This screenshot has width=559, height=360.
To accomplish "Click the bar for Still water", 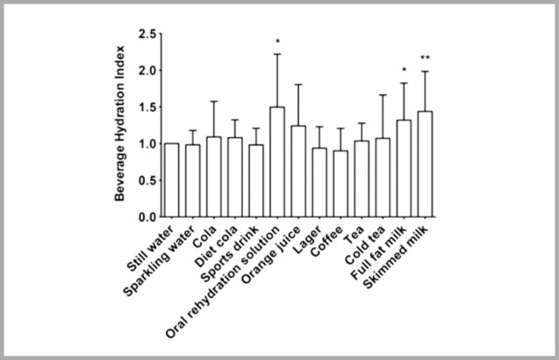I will [171, 180].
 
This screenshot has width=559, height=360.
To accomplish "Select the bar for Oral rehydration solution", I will [276, 163].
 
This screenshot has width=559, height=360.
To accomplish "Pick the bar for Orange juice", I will [298, 171].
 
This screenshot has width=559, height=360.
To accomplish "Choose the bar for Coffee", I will [340, 183].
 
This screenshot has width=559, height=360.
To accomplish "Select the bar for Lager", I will [319, 183].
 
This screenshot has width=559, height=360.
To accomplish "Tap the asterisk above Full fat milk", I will [404, 71].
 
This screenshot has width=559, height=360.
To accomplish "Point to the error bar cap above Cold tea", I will [383, 95].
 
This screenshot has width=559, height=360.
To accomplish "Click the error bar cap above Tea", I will [361, 123].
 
